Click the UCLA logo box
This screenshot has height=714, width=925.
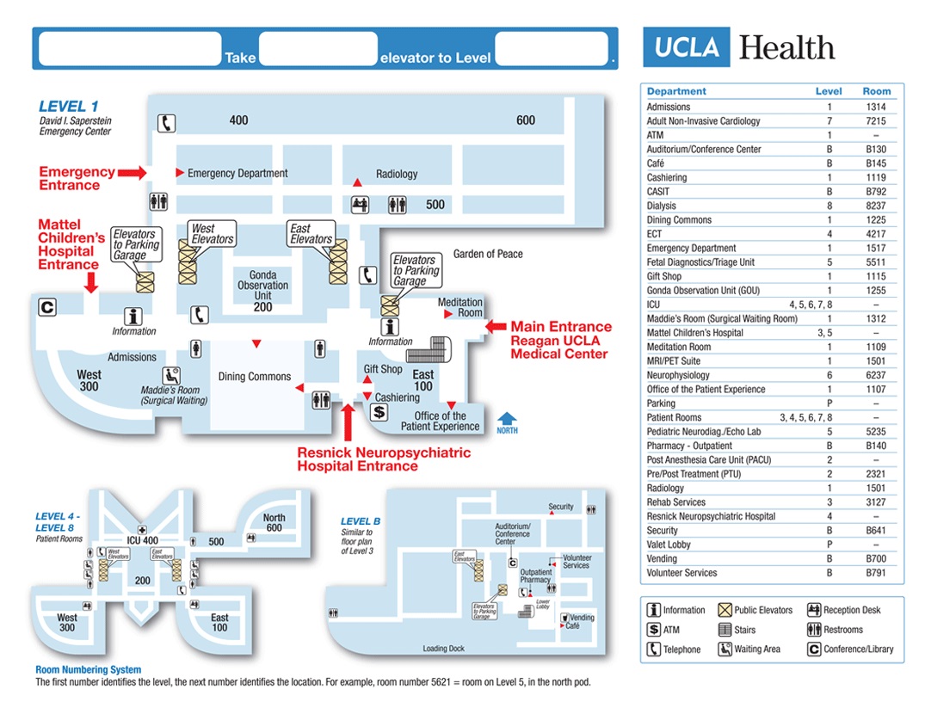[x=687, y=47]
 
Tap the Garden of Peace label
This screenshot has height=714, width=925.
[x=488, y=254]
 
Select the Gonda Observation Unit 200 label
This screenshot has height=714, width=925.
[x=262, y=291]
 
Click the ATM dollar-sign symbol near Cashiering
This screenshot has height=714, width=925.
[x=379, y=412]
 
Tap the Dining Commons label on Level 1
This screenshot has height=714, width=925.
[x=254, y=377]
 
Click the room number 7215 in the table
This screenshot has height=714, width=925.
[x=876, y=121]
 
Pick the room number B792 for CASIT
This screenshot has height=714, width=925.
[x=876, y=192]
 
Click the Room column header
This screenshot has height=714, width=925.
[x=877, y=91]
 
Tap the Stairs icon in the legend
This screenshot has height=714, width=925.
[x=725, y=630]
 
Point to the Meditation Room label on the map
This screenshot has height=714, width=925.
[x=460, y=308]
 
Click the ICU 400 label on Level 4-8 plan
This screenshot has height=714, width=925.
[x=143, y=540]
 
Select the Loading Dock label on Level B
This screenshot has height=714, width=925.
[x=443, y=649]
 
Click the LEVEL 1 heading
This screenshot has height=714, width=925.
[x=62, y=107]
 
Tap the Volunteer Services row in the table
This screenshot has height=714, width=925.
[x=681, y=573]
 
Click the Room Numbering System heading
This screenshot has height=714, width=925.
[x=88, y=669]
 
